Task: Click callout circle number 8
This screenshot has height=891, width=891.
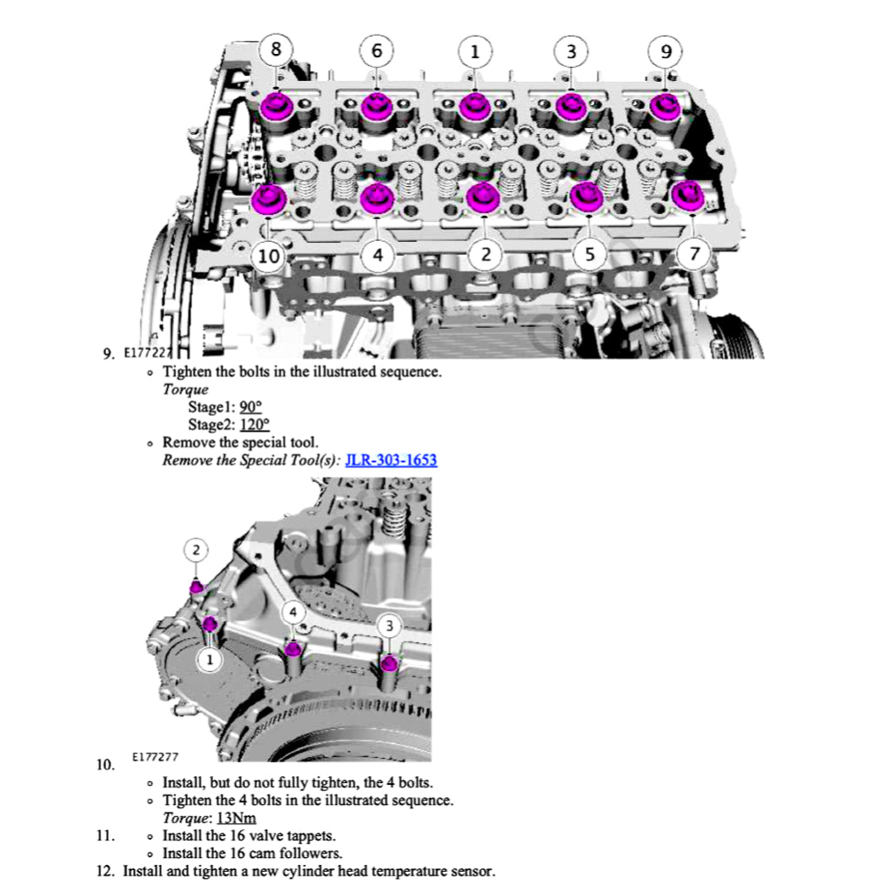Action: coord(276,50)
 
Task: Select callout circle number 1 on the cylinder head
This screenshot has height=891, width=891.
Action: coord(474,51)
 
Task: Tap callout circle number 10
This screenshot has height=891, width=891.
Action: coord(270,256)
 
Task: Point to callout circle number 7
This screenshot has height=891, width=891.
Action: coord(693,254)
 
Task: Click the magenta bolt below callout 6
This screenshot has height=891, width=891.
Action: coord(376,107)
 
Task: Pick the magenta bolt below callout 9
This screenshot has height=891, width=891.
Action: coord(666,106)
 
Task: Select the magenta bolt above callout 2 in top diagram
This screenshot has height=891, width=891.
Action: coord(480,198)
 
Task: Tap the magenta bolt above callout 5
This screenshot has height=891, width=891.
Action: coord(587,198)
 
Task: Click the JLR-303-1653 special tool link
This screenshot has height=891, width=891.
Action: coord(391,459)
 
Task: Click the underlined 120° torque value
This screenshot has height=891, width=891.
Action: coord(253,425)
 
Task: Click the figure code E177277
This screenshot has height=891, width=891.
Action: coord(157,758)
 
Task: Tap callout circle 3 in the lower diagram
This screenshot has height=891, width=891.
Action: coord(390,626)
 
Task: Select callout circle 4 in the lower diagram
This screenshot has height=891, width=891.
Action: coord(293,613)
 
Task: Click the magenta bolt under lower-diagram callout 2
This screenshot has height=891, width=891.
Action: coord(198,587)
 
